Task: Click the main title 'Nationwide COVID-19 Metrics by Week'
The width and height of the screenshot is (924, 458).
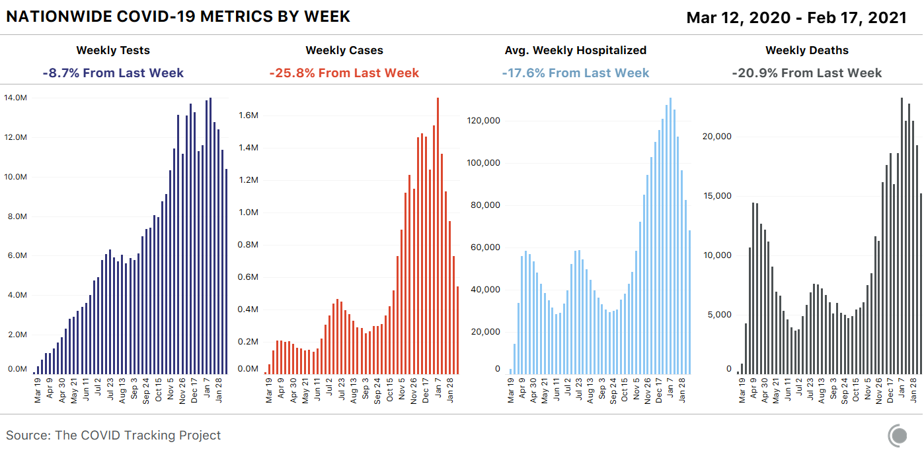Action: [178, 16]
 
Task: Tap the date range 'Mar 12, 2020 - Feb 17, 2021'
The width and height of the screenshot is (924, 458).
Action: [796, 17]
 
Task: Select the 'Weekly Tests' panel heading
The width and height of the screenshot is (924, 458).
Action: [113, 50]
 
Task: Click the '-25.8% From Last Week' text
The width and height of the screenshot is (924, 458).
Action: [344, 73]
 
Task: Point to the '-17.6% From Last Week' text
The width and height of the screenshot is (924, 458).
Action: [575, 73]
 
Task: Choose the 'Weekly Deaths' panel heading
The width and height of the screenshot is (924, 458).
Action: [806, 50]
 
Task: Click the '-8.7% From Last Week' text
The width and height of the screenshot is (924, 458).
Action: [113, 73]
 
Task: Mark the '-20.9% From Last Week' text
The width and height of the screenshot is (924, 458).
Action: [806, 73]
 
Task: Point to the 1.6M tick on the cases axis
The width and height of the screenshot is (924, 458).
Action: [248, 115]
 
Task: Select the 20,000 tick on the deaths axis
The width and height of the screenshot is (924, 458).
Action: [716, 137]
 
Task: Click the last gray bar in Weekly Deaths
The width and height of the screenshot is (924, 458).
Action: [921, 284]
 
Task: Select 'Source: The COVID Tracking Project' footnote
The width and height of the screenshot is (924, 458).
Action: [114, 436]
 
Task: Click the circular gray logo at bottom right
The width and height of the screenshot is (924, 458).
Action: [898, 436]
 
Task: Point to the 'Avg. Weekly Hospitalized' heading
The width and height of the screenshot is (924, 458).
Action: [575, 50]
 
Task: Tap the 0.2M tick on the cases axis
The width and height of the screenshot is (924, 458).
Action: [248, 342]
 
